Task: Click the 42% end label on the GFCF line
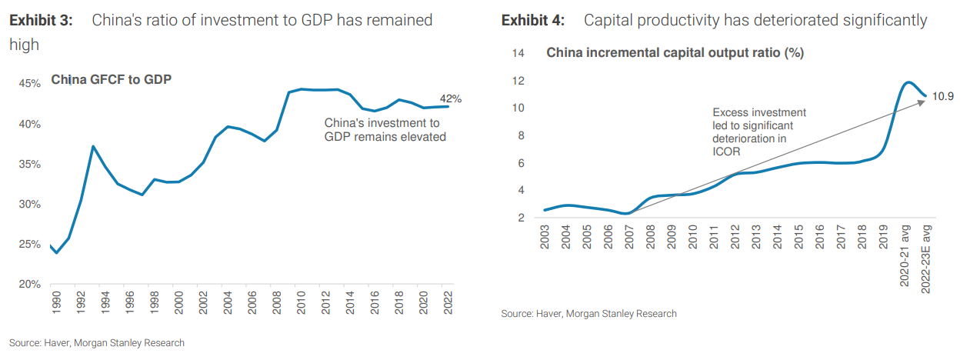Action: (x=451, y=98)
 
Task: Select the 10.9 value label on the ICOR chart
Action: (x=943, y=96)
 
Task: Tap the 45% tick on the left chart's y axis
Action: (x=29, y=84)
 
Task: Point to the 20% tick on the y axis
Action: (x=29, y=285)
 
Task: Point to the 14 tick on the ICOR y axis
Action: (x=518, y=53)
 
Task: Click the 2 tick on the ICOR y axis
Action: (x=522, y=218)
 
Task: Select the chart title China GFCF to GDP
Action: (x=111, y=79)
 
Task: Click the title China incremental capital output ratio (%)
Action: (x=675, y=53)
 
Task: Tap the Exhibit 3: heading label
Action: (x=41, y=20)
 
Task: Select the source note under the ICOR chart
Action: (x=588, y=313)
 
